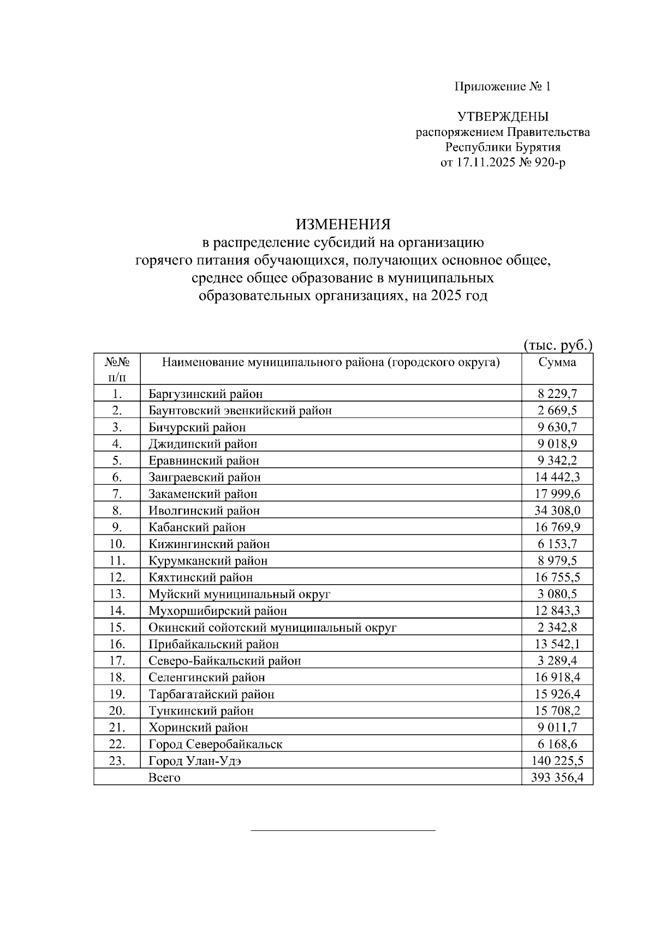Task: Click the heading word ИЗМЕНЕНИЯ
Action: point(343,224)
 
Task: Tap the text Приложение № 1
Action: point(503,87)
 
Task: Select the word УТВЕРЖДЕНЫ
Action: point(503,117)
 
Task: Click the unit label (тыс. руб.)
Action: point(557,345)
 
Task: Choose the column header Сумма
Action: point(557,363)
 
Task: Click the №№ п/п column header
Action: point(117,369)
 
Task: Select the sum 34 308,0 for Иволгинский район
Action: point(557,510)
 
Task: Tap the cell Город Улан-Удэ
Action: point(195,760)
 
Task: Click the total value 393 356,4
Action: point(557,777)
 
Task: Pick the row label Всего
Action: point(164,777)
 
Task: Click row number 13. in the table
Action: point(117,594)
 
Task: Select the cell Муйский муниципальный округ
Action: point(240,594)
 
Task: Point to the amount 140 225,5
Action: point(557,760)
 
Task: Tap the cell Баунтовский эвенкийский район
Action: point(240,411)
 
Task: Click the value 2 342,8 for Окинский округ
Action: point(557,627)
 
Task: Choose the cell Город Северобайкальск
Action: point(216,744)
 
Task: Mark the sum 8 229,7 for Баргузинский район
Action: point(557,394)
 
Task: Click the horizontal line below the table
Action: point(343,830)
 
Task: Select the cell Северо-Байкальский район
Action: point(225,661)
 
